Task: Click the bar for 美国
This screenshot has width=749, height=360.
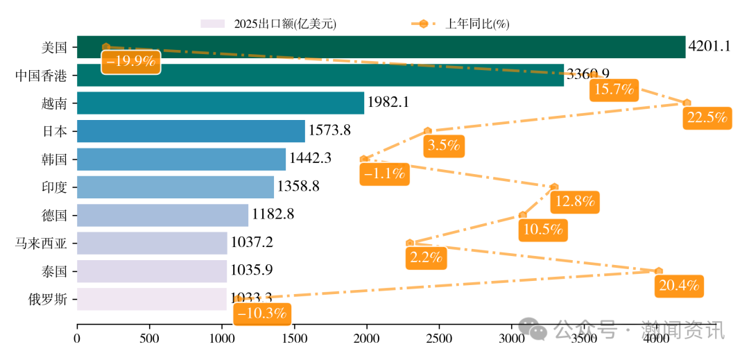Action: (x=381, y=47)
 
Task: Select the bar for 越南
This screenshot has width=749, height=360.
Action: (x=220, y=103)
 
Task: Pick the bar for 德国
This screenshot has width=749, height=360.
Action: (x=162, y=215)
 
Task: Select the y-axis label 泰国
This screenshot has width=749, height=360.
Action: (x=54, y=271)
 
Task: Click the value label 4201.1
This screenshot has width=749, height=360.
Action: (x=709, y=47)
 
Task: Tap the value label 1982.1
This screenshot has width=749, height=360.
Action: (x=388, y=103)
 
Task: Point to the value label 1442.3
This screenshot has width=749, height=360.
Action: (x=310, y=159)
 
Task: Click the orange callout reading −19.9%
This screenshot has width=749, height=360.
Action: (x=131, y=61)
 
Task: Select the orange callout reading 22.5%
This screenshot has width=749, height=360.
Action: (x=707, y=118)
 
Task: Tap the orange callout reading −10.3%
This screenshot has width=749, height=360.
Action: (x=262, y=314)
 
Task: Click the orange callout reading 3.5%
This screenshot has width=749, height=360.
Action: (x=444, y=146)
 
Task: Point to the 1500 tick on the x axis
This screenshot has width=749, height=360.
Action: (x=294, y=338)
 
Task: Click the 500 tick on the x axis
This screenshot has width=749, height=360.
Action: (x=149, y=338)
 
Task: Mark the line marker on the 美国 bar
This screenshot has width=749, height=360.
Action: (x=106, y=46)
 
